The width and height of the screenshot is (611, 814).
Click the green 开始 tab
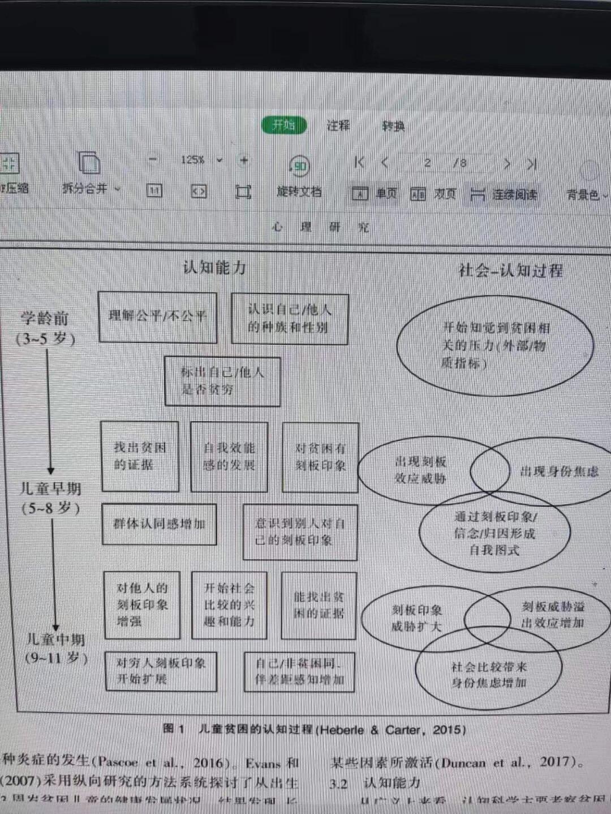284,125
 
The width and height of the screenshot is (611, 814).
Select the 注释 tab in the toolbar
338,125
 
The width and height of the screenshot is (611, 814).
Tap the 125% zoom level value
192,160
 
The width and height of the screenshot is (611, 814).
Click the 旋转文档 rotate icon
299,166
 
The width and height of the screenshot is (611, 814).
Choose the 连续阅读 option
504,195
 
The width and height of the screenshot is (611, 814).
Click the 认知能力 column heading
214,267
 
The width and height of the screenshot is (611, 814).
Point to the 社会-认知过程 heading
510,271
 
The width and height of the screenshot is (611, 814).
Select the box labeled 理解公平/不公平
158,317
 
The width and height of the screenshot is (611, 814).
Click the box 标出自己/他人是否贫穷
222,381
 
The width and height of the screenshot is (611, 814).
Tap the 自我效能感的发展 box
229,456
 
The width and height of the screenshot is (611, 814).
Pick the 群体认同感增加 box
159,524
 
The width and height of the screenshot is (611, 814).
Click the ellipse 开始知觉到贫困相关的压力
495,345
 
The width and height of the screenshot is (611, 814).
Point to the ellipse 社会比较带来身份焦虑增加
489,675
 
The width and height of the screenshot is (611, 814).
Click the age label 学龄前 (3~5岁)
46,328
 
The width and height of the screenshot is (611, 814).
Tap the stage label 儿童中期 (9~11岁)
56,648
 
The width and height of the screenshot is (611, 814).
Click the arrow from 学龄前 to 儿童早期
50,413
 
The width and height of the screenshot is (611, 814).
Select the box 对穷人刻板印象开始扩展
161,670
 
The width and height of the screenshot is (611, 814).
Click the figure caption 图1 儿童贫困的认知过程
315,729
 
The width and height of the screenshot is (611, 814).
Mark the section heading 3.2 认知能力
375,783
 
